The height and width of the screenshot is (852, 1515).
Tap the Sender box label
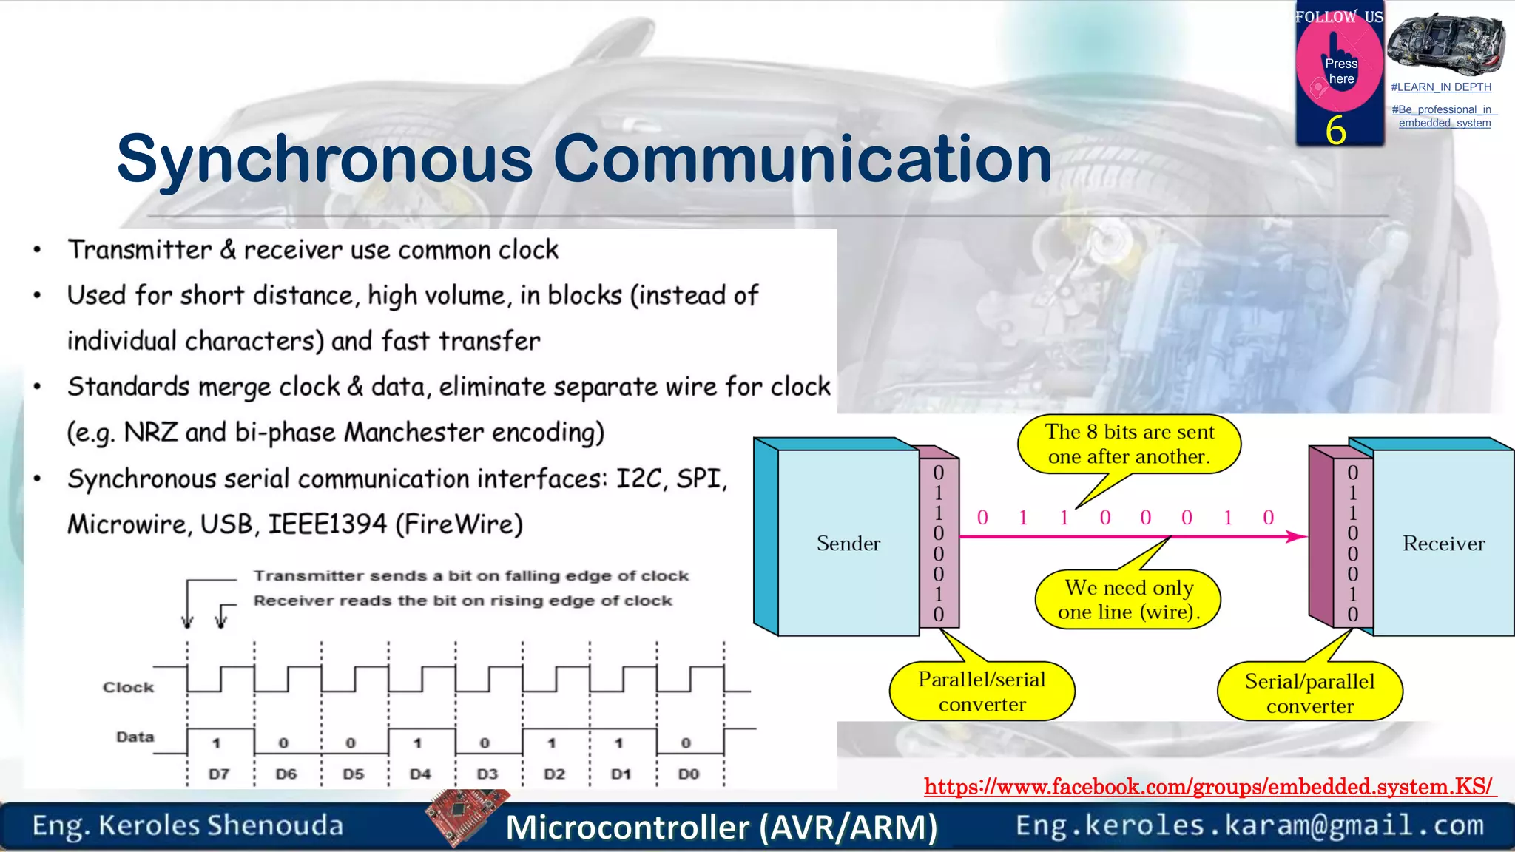pyautogui.click(x=848, y=544)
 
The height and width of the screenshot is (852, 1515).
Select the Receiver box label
pyautogui.click(x=1443, y=544)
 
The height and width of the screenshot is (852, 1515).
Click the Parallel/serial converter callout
pyautogui.click(x=982, y=692)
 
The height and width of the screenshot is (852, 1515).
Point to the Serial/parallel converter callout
pyautogui.click(x=1309, y=693)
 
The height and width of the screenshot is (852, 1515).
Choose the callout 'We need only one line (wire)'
pyautogui.click(x=1128, y=599)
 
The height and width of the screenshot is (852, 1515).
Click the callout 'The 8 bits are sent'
pyautogui.click(x=1129, y=444)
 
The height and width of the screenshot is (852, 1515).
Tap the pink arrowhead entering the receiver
pyautogui.click(x=1296, y=536)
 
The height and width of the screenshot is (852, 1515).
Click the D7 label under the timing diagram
pyautogui.click(x=219, y=774)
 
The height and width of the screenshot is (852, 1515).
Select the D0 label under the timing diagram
pyautogui.click(x=688, y=774)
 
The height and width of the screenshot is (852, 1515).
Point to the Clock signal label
pyautogui.click(x=129, y=687)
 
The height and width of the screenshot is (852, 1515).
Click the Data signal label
pyautogui.click(x=135, y=737)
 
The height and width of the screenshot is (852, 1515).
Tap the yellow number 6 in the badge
pyautogui.click(x=1335, y=130)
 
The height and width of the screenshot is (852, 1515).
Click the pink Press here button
pyautogui.click(x=1340, y=70)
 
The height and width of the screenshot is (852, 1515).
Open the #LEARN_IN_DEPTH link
pyautogui.click(x=1441, y=87)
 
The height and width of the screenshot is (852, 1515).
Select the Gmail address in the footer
pyautogui.click(x=1249, y=825)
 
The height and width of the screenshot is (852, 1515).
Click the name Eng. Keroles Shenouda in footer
pyautogui.click(x=188, y=825)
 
